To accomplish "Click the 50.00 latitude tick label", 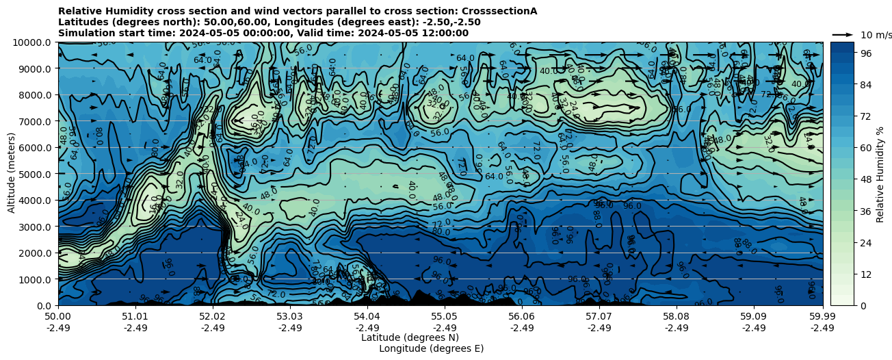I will click(x=58, y=317).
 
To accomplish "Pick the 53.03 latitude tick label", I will click(x=290, y=317).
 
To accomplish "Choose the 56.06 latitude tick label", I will click(x=522, y=317).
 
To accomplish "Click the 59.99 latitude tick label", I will click(x=822, y=317).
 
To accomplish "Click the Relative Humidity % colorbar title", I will click(x=880, y=174).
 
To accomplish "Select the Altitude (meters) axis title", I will click(x=12, y=174).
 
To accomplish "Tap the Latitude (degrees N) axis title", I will click(x=410, y=337).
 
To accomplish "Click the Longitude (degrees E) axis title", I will click(x=432, y=348).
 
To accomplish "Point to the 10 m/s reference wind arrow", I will click(x=843, y=34).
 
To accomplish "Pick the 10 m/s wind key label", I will click(x=875, y=35).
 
